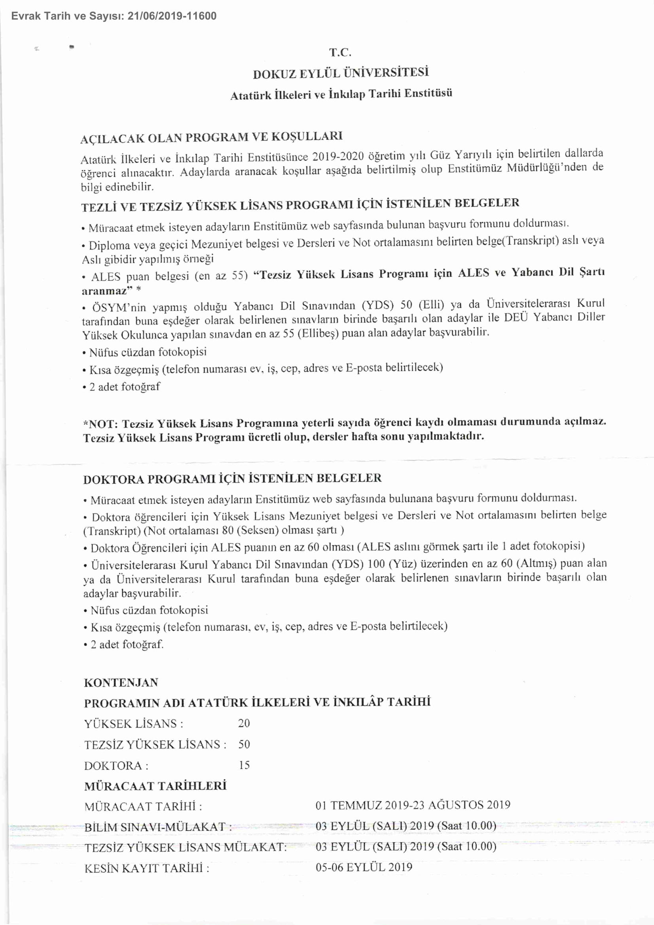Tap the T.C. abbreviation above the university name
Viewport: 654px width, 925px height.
pyautogui.click(x=340, y=52)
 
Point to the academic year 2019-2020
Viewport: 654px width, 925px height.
pyautogui.click(x=338, y=156)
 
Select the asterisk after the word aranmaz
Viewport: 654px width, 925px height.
pyautogui.click(x=138, y=289)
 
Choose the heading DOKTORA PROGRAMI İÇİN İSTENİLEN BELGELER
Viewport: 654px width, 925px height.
pyautogui.click(x=232, y=479)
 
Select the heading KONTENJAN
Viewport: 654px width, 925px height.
pyautogui.click(x=121, y=682)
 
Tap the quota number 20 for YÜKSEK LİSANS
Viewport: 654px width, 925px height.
pyautogui.click(x=244, y=724)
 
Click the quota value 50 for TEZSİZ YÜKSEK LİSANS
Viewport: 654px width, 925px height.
pyautogui.click(x=244, y=744)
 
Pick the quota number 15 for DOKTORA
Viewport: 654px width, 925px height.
pyautogui.click(x=244, y=765)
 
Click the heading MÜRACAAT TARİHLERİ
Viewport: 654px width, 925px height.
pyautogui.click(x=155, y=786)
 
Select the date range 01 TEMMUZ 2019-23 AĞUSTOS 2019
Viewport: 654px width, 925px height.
pyautogui.click(x=413, y=805)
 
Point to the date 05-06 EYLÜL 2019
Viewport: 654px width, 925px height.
pyautogui.click(x=364, y=867)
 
